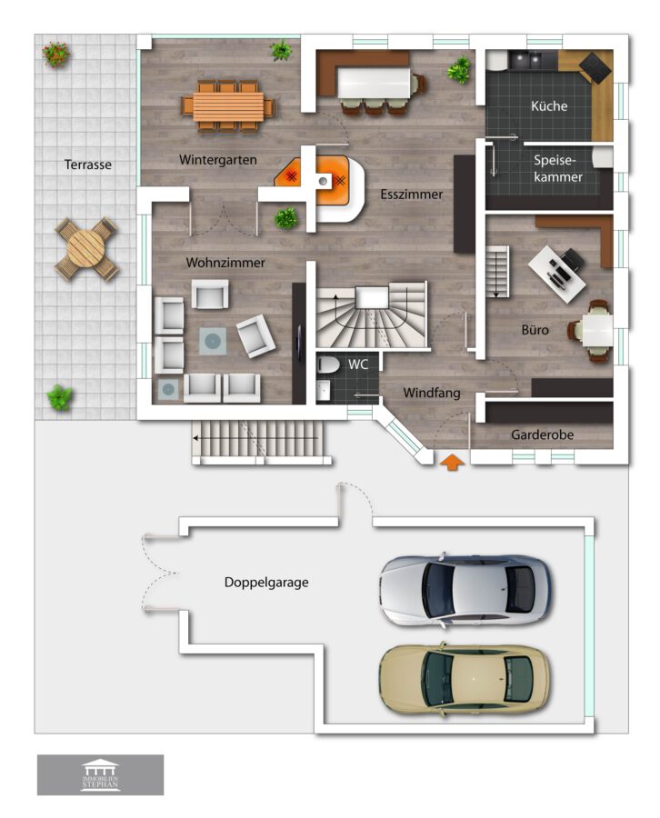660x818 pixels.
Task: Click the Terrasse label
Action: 87,165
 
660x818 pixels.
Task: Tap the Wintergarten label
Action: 217,160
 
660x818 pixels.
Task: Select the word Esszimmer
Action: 411,195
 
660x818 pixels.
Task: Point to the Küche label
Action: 549,106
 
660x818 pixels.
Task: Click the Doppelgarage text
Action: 266,583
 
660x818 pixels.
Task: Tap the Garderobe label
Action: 542,434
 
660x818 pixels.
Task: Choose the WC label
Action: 358,364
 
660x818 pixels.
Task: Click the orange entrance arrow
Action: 453,463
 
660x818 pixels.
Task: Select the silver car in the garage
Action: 465,590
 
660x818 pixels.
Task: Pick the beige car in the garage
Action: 465,679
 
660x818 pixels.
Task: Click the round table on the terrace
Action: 86,248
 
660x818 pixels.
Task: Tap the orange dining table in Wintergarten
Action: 228,106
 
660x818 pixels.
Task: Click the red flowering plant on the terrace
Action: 56,54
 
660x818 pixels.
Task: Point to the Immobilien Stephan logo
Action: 100,775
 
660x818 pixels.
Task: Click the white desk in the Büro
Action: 556,274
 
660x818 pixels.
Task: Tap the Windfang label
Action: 432,393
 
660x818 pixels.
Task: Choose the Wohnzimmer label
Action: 225,263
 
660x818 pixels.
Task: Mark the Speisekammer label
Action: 557,168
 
